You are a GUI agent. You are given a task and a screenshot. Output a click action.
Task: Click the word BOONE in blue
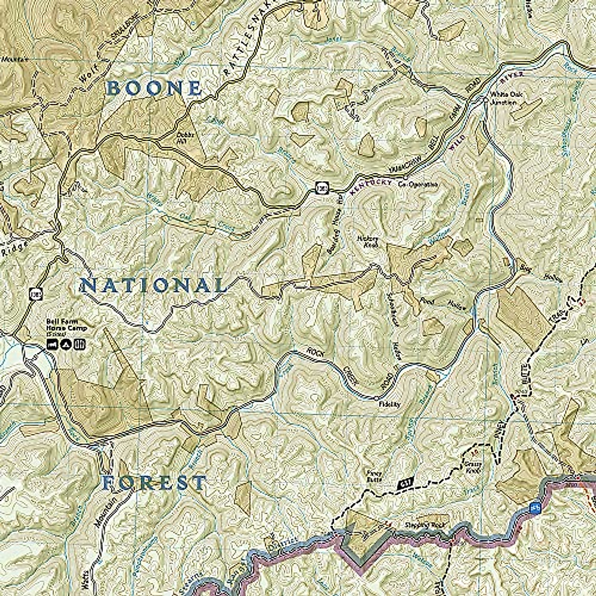tap(154, 89)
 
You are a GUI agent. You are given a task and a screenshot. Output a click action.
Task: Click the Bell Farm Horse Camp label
tap(66, 328)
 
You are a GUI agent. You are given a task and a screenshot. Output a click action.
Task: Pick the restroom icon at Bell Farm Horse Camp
tap(79, 344)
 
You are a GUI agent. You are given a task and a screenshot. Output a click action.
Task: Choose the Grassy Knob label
tap(474, 467)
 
